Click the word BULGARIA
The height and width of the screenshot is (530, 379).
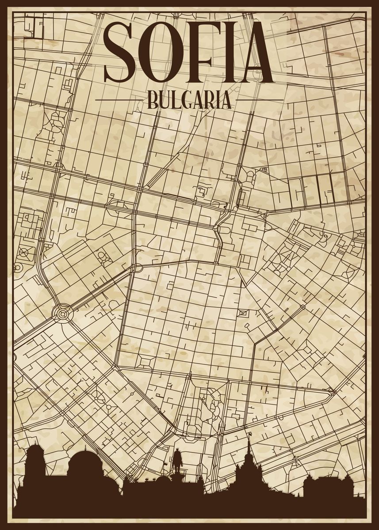tap(189, 100)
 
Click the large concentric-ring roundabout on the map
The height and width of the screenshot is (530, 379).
tap(62, 313)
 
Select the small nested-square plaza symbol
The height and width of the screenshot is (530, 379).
tap(243, 314)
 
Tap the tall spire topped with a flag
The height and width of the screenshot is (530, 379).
tap(249, 446)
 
